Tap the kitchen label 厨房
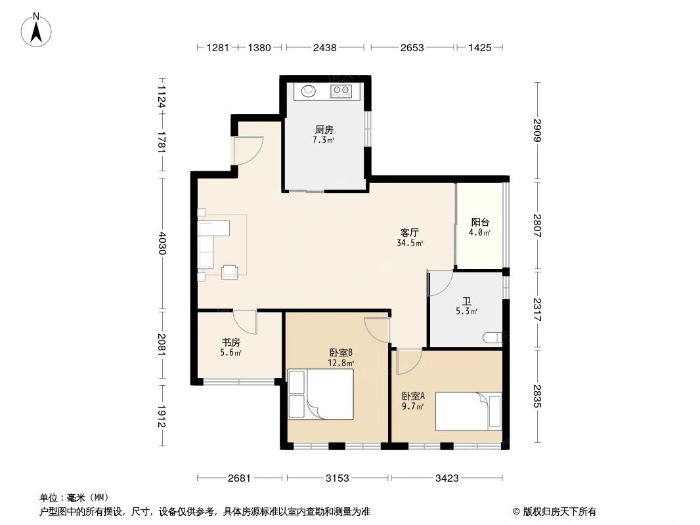tap(324, 130)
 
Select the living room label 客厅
tap(410, 232)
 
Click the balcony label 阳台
tap(480, 222)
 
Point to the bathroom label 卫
tap(467, 301)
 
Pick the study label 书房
tap(230, 342)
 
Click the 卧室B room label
tap(341, 352)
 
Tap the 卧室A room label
tap(414, 396)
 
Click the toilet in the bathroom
tap(492, 338)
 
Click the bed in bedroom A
tap(468, 411)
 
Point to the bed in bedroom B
tap(320, 394)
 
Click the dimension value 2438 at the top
tap(325, 47)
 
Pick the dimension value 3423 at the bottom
tap(447, 478)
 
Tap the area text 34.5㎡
tap(410, 243)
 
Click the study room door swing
tap(246, 321)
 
